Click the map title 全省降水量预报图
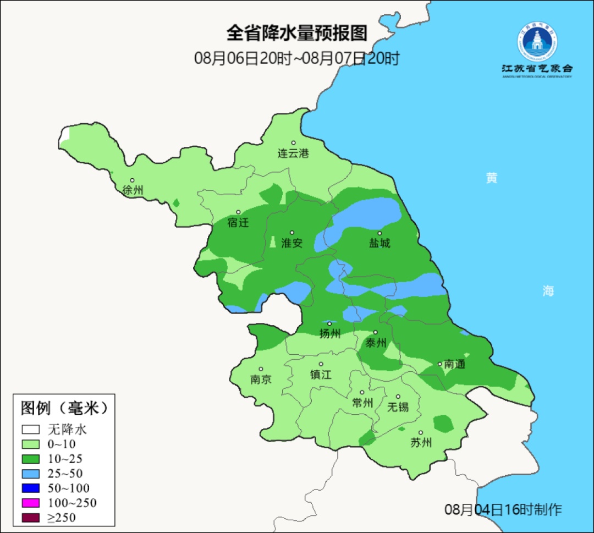point(296,33)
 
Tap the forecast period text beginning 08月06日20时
point(296,58)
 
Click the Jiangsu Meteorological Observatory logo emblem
point(537,42)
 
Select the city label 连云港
point(293,153)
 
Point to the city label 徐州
point(133,190)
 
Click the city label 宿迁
point(238,222)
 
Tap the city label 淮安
point(292,243)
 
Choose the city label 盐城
point(380,243)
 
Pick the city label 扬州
point(330,333)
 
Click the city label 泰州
point(376,343)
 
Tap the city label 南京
point(261,380)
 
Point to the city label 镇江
point(321,375)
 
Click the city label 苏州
point(421,443)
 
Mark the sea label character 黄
point(491,178)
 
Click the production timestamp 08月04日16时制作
point(503,509)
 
